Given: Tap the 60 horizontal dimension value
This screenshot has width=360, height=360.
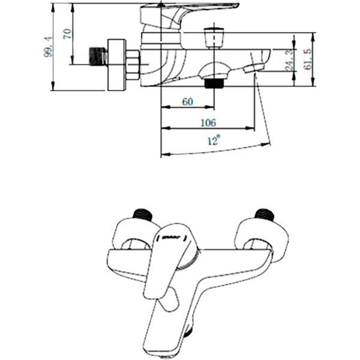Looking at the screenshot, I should click(x=187, y=103).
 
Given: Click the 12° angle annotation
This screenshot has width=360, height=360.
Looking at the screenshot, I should click(x=213, y=142).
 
